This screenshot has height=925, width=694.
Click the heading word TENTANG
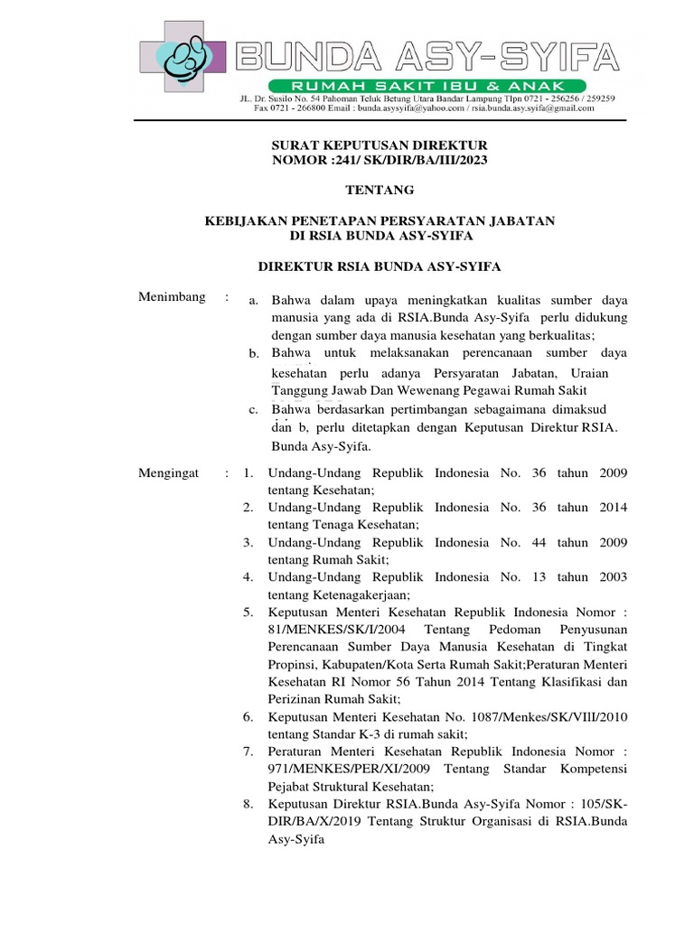pyautogui.click(x=380, y=190)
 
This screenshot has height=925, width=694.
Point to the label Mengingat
pyautogui.click(x=168, y=473)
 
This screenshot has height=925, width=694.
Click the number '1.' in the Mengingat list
pyautogui.click(x=248, y=473)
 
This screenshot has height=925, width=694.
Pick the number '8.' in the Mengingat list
pyautogui.click(x=248, y=804)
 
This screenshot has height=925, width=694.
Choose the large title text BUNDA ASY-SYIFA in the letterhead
pyautogui.click(x=428, y=57)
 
